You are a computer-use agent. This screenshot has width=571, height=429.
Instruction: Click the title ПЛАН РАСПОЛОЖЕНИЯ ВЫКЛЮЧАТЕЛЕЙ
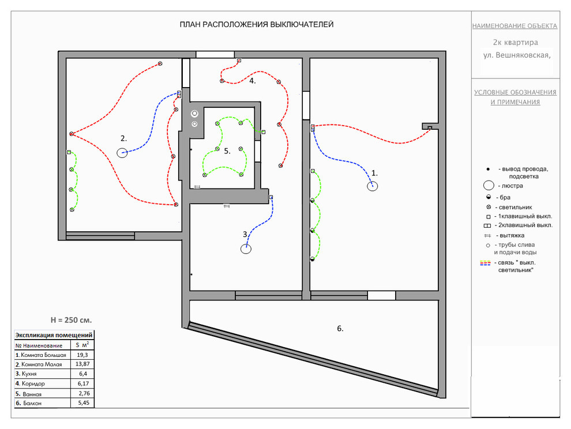coord(257,24)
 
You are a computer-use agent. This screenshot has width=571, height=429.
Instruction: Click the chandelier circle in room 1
coord(373,182)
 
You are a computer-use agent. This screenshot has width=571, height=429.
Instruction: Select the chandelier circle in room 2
coord(122,148)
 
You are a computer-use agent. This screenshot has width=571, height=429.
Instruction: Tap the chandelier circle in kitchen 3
coord(246,244)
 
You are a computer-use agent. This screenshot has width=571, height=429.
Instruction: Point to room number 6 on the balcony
coord(340,329)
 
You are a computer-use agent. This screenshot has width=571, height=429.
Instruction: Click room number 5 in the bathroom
coord(227,151)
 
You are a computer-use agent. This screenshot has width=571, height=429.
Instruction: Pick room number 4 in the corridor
coord(253,81)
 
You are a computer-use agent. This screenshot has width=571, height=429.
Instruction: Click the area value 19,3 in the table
coord(82,355)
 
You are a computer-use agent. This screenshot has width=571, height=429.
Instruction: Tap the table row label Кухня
coord(29,374)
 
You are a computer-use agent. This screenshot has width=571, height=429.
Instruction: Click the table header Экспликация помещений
coord(54,335)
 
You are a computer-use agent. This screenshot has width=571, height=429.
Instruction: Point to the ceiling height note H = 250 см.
coord(71,320)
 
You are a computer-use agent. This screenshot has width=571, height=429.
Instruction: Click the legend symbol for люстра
coord(489,181)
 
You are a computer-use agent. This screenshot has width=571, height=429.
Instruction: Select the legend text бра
coord(505,197)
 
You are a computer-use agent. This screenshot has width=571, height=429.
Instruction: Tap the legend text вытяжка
coord(512,235)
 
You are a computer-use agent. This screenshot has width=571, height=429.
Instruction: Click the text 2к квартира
coord(515,42)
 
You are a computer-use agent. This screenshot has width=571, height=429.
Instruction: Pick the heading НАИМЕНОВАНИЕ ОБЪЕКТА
coord(514,26)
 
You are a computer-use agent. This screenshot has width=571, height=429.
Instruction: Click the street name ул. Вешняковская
coord(517,55)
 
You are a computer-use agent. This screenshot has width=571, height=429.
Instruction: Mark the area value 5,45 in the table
coord(84,403)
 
